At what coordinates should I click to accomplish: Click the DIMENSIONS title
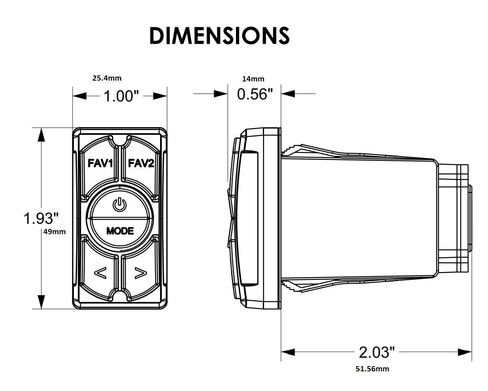[219, 36]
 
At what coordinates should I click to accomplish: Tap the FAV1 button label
[100, 163]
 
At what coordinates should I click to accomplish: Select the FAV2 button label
[141, 163]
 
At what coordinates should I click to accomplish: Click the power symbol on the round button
[120, 204]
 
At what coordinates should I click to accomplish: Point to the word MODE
[120, 231]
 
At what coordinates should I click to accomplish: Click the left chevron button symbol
[100, 273]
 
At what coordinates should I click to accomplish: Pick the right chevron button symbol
[140, 273]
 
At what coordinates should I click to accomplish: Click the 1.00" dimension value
[121, 96]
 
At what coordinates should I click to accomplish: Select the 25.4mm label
[107, 78]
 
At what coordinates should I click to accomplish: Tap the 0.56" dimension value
[255, 94]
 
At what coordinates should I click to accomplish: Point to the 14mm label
[253, 79]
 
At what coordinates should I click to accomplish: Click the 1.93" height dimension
[41, 218]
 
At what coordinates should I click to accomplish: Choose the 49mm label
[55, 232]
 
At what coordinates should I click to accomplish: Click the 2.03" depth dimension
[377, 352]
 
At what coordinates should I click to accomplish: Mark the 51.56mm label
[372, 369]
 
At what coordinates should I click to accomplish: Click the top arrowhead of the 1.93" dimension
[41, 135]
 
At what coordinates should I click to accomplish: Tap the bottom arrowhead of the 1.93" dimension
[41, 302]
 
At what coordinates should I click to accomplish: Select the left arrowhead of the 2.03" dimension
[288, 352]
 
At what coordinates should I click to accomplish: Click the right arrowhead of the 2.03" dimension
[465, 352]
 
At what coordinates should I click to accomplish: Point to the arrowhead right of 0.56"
[288, 93]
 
